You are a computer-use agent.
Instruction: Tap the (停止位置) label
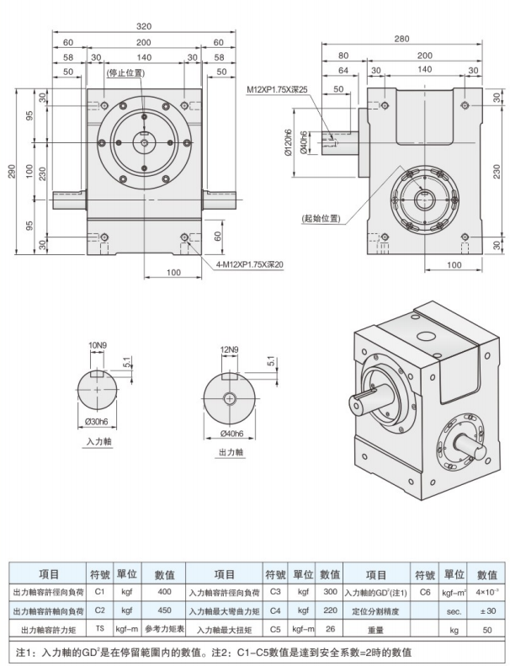[125, 73]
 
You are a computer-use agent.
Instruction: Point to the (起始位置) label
[321, 219]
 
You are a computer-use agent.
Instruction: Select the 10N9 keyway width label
[98, 345]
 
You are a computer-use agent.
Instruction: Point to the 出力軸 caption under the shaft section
[230, 452]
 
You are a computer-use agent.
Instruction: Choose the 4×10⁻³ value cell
[486, 592]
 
